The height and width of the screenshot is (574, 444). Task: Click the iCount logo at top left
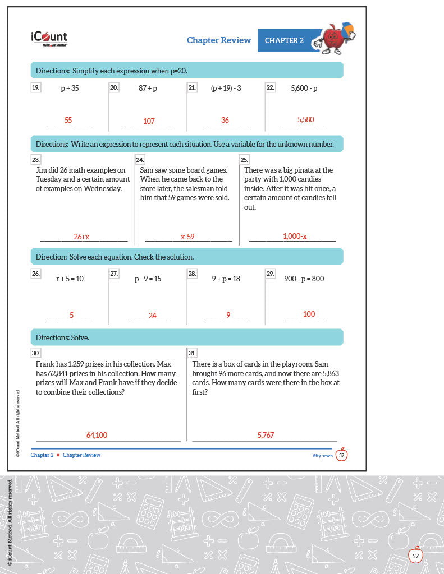point(49,39)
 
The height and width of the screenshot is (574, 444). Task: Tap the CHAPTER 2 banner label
point(284,40)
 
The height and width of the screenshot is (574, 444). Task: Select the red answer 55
point(68,121)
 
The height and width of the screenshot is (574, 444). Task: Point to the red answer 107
point(149,121)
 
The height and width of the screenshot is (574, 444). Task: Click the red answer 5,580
point(306,119)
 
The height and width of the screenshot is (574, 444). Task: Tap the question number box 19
point(36,87)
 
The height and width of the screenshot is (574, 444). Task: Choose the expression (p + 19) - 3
point(226,88)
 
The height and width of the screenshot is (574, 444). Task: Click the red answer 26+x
point(82,237)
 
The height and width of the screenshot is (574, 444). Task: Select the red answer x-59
point(187,237)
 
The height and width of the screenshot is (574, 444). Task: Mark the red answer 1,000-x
point(295,236)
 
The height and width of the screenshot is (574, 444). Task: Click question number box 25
point(244,160)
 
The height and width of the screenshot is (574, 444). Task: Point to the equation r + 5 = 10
point(70,279)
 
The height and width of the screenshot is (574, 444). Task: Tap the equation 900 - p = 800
point(304,279)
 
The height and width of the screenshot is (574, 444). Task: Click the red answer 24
point(152,316)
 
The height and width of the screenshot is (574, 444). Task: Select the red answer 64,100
point(97,435)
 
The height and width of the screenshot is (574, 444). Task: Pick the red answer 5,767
point(266,435)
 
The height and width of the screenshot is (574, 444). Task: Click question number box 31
point(192,353)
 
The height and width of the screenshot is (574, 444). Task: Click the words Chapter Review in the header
point(219,40)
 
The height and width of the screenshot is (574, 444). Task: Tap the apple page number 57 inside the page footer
point(341,455)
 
